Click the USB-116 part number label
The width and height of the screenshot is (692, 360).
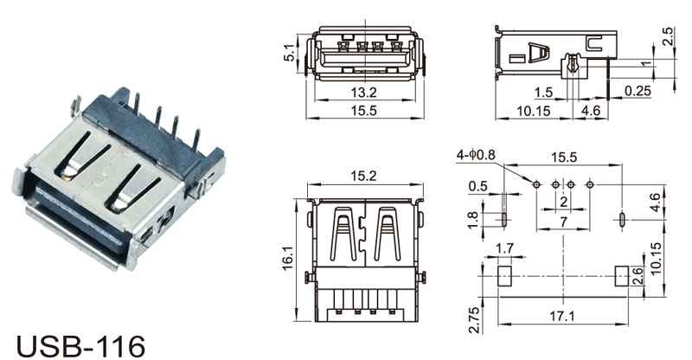[x=80, y=346]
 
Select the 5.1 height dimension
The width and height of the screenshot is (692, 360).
[x=290, y=53]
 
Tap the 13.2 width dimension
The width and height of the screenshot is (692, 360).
[x=363, y=93]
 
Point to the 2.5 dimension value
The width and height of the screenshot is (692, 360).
[x=668, y=36]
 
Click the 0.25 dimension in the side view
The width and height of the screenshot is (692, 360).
[x=638, y=91]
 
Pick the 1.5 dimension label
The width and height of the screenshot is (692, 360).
[x=543, y=93]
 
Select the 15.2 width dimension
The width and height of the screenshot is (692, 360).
[x=363, y=176]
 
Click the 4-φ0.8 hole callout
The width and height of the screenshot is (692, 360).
[x=477, y=155]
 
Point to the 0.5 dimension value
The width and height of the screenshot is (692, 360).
[x=478, y=186]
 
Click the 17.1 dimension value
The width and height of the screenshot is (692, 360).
[x=562, y=316]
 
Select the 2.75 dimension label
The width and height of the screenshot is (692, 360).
[x=473, y=320]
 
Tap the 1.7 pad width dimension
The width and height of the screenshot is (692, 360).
[x=504, y=248]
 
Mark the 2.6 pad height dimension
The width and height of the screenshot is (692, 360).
[x=638, y=277]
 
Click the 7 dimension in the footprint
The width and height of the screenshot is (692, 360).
[x=563, y=222]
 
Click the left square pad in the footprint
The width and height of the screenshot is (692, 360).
[x=504, y=276]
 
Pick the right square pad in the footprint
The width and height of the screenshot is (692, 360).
[x=621, y=276]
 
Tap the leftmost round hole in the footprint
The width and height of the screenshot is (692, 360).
[x=536, y=184]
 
